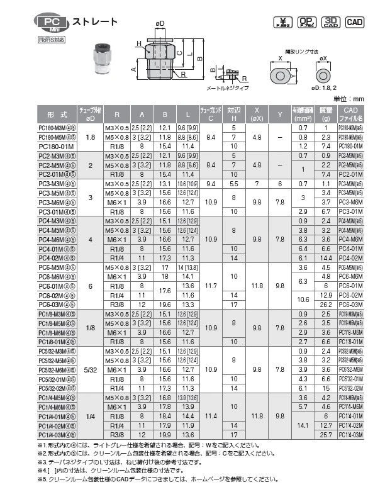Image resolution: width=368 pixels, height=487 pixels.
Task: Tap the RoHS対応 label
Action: pos(52,39)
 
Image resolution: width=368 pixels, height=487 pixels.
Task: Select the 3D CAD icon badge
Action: pos(332,22)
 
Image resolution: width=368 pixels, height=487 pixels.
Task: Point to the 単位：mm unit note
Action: pos(348,99)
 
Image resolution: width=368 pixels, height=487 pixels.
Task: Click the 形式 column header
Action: pos(57,114)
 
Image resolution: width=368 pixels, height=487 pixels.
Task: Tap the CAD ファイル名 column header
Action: pos(350,114)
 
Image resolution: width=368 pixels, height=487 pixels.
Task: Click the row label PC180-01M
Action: pos(56,146)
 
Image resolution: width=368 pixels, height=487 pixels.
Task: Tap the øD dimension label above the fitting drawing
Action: pos(160,24)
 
